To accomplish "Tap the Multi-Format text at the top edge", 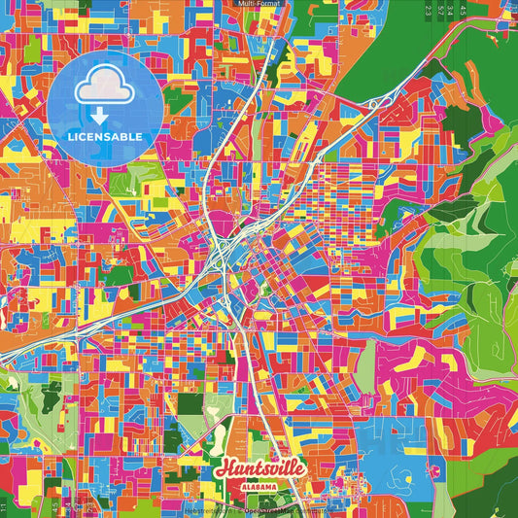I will tap(258, 5).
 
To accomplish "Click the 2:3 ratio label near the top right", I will tap(428, 11).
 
